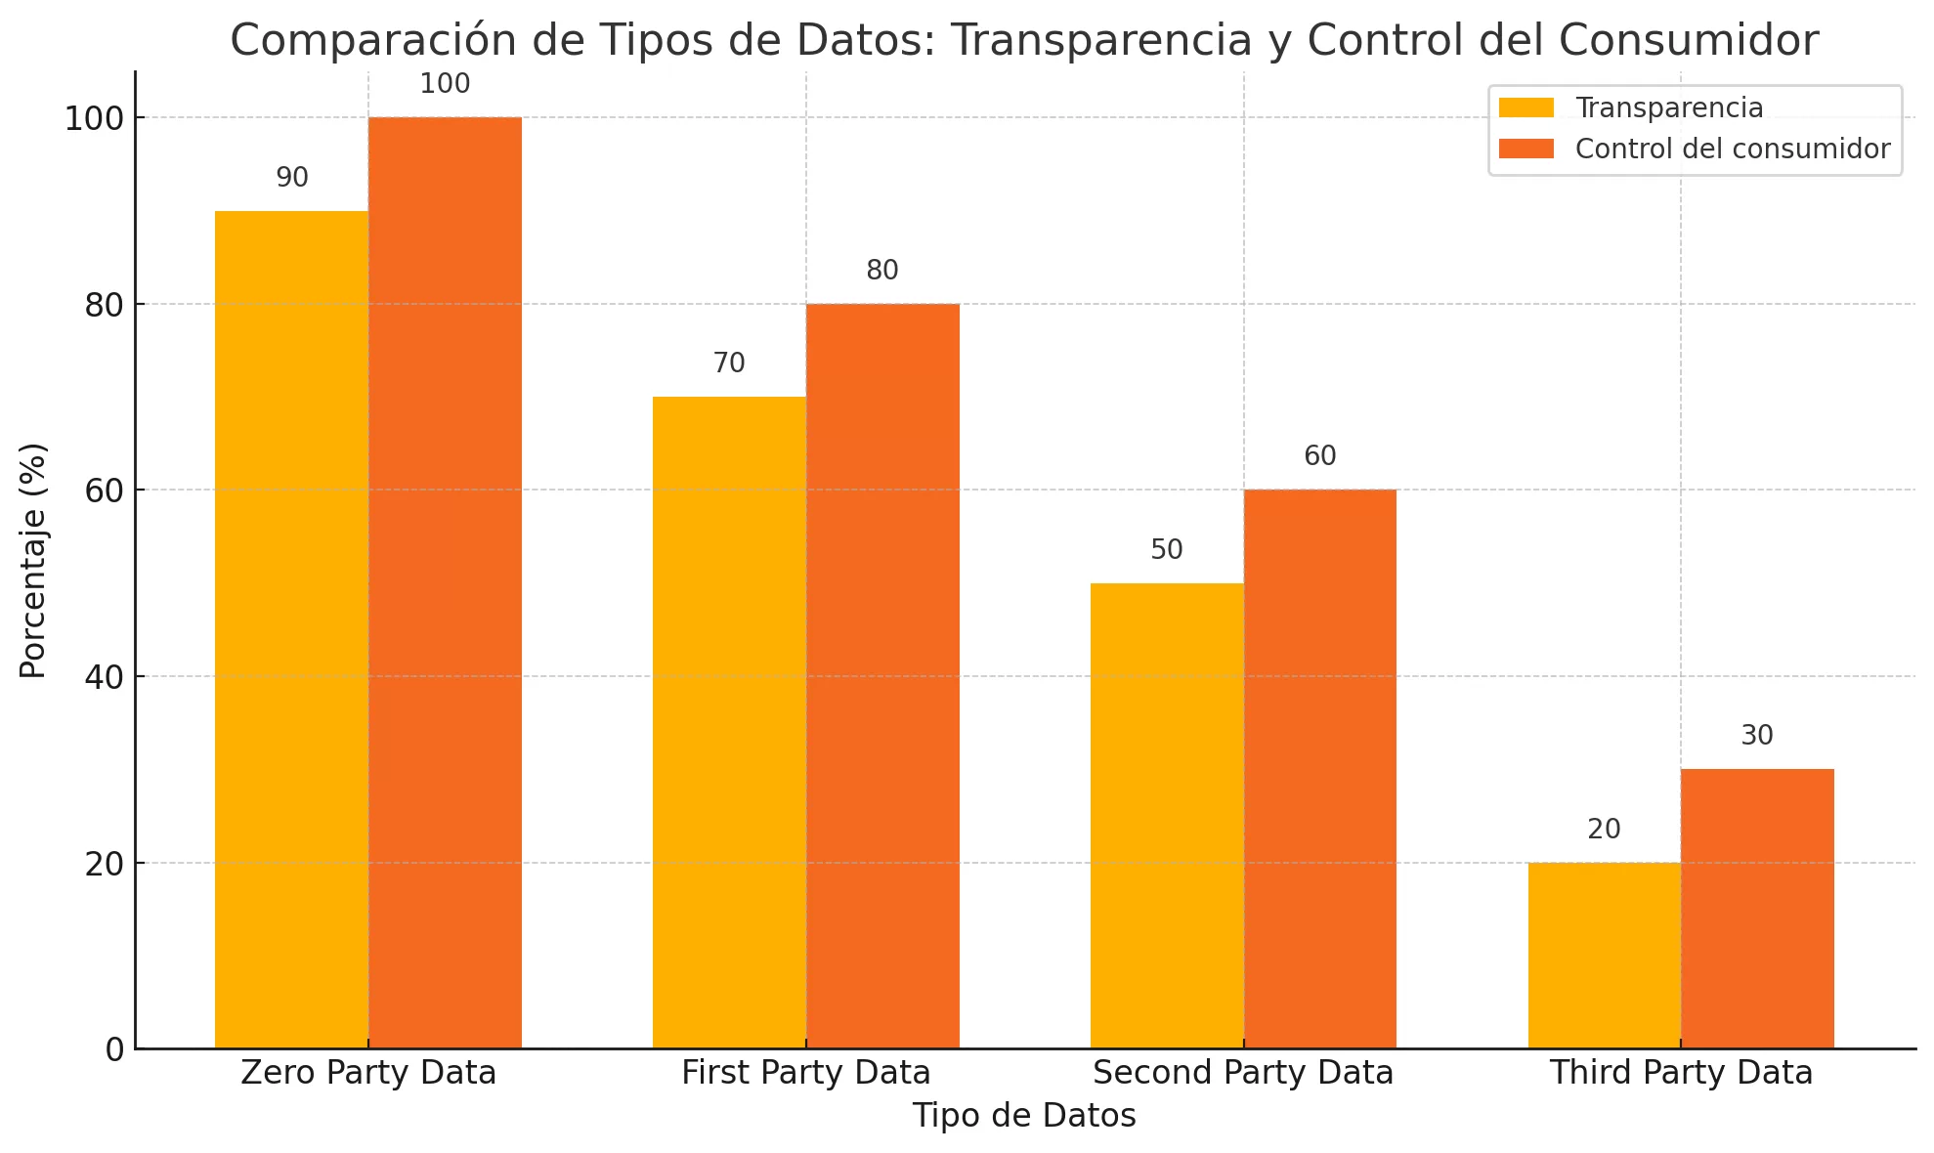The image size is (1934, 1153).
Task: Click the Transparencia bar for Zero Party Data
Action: pos(291,629)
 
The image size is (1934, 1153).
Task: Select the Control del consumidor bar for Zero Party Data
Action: pos(445,582)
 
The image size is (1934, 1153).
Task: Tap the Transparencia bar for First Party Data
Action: pos(729,722)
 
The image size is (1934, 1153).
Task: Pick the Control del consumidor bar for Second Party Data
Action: pos(1320,769)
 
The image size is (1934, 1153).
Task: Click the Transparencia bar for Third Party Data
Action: pos(1604,955)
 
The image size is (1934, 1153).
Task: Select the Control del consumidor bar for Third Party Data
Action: pos(1757,909)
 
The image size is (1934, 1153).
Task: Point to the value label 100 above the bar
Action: pos(445,85)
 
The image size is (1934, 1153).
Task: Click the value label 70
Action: pos(729,363)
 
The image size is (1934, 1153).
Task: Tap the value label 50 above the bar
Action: pos(1167,550)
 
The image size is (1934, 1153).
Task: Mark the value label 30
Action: pos(1757,736)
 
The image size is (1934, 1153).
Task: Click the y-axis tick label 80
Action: pos(105,306)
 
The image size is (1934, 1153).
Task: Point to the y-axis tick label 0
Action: pos(115,1050)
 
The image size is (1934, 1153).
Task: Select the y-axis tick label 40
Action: pos(105,678)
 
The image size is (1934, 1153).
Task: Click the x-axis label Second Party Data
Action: pos(1243,1073)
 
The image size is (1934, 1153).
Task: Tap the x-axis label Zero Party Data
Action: pos(368,1073)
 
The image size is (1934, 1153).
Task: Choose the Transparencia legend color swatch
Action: pos(1526,107)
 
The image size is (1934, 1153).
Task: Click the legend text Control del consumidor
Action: pos(1733,149)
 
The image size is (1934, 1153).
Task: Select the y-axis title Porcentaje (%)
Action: pos(33,560)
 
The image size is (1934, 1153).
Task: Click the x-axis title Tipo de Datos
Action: pos(1024,1116)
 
